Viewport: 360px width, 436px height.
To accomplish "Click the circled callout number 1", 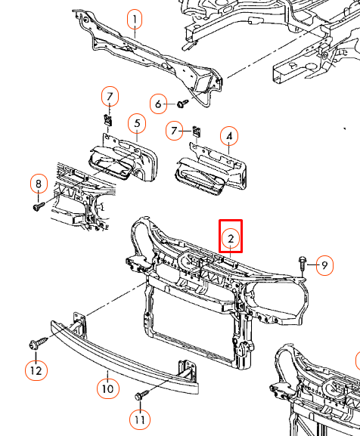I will [134, 20].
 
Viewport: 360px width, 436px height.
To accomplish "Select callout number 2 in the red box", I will [231, 240].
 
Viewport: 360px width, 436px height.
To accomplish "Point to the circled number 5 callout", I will [136, 122].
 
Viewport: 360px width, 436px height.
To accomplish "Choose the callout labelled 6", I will [159, 104].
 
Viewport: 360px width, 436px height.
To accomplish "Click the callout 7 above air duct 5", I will [110, 96].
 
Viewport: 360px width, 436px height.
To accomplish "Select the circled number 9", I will [323, 265].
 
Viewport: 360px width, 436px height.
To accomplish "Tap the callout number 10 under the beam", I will [107, 388].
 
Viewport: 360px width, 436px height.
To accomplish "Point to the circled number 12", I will [36, 370].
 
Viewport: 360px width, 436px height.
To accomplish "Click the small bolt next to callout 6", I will [182, 103].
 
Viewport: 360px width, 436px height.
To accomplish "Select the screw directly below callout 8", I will [38, 203].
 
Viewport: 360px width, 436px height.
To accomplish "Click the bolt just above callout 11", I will [140, 395].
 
